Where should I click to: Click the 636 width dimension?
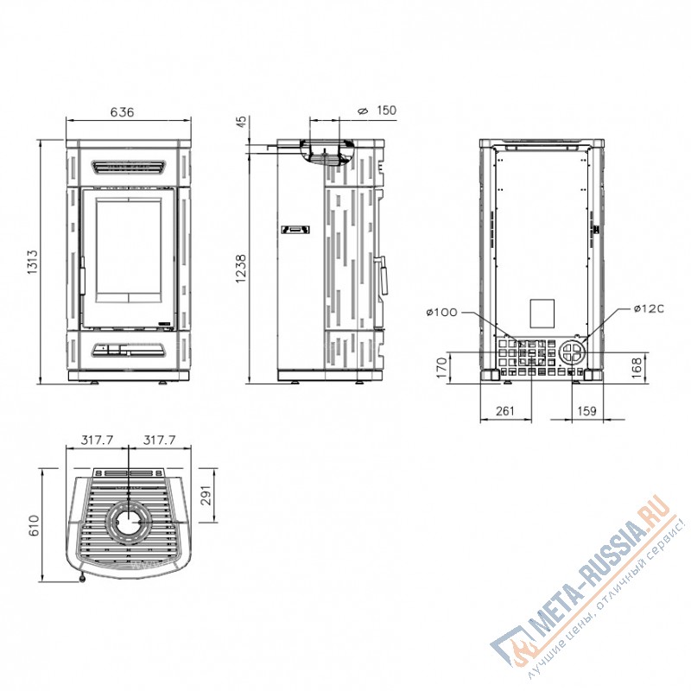[122, 112]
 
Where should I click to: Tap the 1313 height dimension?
[33, 263]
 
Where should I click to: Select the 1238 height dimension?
[241, 269]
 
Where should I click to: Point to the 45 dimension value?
[243, 122]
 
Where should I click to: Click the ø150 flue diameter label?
[378, 111]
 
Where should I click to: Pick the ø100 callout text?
[441, 313]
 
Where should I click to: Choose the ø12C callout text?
[649, 308]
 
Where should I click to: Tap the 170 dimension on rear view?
[441, 368]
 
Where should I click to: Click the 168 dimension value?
[638, 368]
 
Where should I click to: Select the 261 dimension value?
[505, 411]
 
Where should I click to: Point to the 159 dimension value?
[586, 411]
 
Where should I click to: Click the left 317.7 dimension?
[97, 440]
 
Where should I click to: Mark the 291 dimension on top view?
[206, 495]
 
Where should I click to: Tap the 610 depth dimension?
[34, 525]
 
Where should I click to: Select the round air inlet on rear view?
[573, 352]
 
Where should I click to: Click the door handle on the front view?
[82, 276]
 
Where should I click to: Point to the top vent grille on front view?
[128, 168]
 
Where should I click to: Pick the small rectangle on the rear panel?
[542, 314]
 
